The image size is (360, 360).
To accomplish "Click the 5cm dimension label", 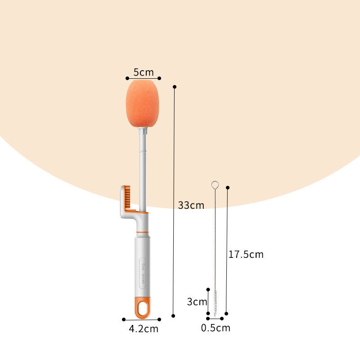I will click(144, 72).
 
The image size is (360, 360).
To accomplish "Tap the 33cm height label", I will click(191, 205).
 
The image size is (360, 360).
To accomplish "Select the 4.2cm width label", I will click(144, 328).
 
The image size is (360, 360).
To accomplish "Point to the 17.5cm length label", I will click(246, 254).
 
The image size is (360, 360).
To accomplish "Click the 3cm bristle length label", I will click(197, 301).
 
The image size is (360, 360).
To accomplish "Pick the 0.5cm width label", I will click(216, 328).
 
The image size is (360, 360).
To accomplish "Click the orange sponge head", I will click(144, 103).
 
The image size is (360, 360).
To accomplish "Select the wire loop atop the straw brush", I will click(215, 184).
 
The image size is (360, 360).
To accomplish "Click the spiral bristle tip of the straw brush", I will click(215, 304).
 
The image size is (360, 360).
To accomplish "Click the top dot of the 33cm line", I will click(175, 86).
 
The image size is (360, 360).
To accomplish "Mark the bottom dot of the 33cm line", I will click(173, 315).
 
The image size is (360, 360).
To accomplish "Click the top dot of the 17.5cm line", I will click(228, 187).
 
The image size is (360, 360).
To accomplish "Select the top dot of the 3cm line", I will click(208, 289).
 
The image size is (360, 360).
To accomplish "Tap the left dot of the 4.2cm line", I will click(124, 319).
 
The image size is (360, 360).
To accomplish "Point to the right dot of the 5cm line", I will click(160, 78).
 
